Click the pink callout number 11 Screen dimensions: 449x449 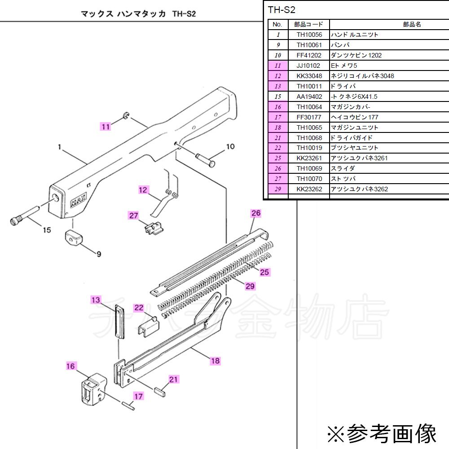point(105,127)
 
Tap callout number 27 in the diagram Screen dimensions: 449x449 point(134,216)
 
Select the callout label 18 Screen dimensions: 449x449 point(215,360)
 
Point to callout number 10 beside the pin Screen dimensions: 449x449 point(230,146)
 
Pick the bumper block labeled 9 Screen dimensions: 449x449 point(74,238)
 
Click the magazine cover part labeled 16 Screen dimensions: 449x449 point(93,388)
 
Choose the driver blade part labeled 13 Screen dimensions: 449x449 point(119,321)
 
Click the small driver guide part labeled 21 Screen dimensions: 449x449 point(159,390)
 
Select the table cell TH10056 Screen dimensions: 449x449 point(309,35)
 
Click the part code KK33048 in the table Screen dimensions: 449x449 point(309,76)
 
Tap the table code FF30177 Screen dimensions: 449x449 point(309,117)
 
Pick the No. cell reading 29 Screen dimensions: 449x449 point(278,189)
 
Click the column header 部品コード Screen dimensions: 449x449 point(309,24)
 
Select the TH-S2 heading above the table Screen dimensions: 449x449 point(281,9)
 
